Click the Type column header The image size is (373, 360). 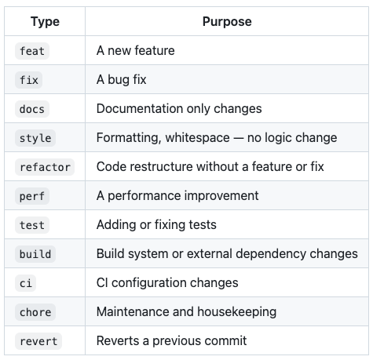coord(45,22)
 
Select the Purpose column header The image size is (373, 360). coord(227,21)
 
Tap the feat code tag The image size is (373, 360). coord(32,51)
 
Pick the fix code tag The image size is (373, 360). coord(29,80)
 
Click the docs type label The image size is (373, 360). coord(32,109)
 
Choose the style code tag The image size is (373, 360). coord(35,138)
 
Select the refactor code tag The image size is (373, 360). coord(45,167)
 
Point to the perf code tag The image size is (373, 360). coord(32,196)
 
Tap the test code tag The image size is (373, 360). coord(32,225)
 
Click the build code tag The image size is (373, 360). coord(35,254)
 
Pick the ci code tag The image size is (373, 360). coord(26,283)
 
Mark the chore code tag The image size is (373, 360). coord(35,312)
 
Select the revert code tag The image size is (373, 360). coord(38,341)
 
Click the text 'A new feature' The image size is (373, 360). coord(136,50)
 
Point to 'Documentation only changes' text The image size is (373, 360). coord(179,109)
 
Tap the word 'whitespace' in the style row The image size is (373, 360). coord(198,138)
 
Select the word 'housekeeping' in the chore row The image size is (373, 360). coord(237,312)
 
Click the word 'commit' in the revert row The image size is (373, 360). coord(226,340)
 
